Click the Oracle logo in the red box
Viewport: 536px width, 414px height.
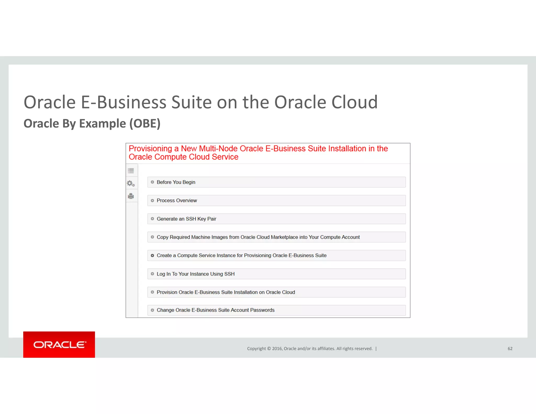[59, 345]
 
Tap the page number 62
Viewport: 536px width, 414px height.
[510, 349]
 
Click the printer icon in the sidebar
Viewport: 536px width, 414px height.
[131, 196]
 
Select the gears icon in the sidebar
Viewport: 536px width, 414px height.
[131, 183]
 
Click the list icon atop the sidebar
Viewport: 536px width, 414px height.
[131, 171]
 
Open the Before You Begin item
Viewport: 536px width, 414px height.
[176, 182]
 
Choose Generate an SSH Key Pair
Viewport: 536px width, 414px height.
[186, 219]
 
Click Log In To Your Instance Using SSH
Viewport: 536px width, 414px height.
[196, 274]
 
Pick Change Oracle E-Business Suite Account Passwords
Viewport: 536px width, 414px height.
[215, 310]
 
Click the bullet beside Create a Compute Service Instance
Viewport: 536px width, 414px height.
[152, 255]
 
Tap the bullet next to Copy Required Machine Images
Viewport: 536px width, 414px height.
[152, 237]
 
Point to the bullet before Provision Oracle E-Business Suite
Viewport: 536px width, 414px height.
[152, 292]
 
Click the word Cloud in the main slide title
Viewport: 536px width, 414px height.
[355, 102]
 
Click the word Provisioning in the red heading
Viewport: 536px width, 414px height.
[150, 149]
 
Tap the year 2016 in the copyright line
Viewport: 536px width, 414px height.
[277, 349]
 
